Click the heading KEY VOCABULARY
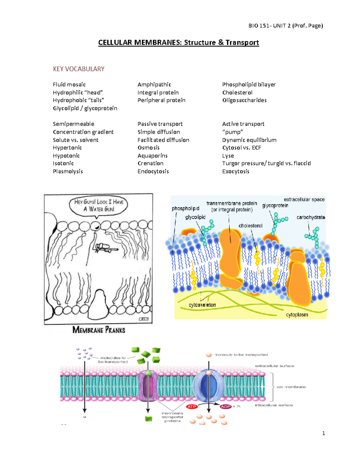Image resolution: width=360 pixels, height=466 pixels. [79, 69]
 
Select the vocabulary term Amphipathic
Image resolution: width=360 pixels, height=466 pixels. [154, 85]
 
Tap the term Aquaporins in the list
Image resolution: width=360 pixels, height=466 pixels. [152, 156]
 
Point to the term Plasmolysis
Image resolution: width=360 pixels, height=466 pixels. [68, 171]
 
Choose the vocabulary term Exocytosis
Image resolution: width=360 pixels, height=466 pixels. [235, 171]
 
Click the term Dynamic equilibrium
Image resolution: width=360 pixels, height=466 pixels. [249, 140]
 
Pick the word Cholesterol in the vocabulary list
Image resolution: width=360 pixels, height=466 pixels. [237, 92]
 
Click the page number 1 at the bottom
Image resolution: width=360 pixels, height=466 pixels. [323, 433]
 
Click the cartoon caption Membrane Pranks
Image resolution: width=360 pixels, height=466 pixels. [99, 330]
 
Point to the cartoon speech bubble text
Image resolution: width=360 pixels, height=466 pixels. [99, 205]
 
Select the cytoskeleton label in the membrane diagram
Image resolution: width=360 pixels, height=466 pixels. [202, 305]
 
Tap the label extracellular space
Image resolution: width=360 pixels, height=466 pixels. [304, 199]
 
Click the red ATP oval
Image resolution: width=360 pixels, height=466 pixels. [192, 407]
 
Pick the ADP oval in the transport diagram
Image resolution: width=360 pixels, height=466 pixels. [226, 407]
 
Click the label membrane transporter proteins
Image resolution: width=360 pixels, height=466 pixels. [172, 417]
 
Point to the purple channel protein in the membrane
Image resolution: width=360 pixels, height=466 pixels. [148, 386]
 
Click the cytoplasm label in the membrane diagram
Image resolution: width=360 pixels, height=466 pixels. [297, 315]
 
